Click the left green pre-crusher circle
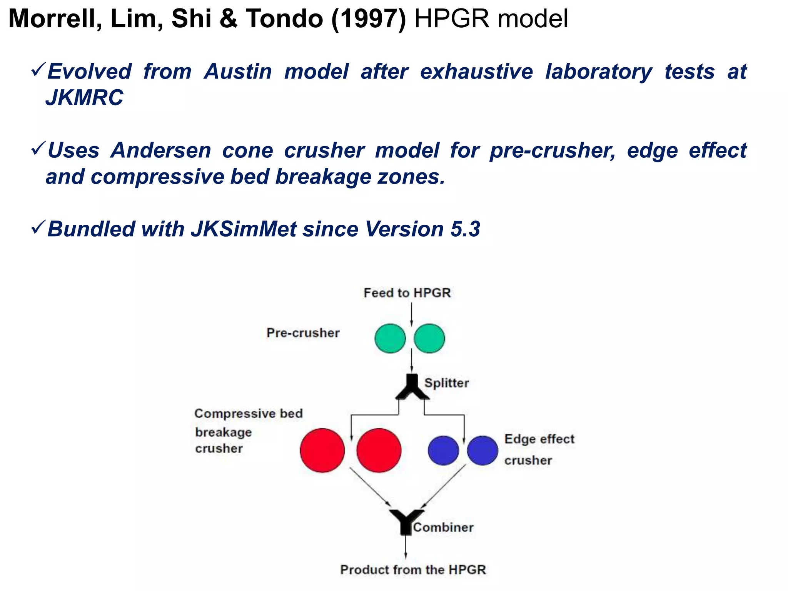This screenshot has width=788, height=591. pos(390,339)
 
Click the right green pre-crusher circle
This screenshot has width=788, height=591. pos(429,339)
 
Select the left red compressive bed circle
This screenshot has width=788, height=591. pos(322,450)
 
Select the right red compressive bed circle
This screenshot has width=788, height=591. pos(379,450)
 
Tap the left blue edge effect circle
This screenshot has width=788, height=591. pos(443,450)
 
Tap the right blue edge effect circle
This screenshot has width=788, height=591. pos(482,450)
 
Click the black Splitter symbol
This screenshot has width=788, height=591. pos(412,387)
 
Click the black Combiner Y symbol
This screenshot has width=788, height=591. pos(406,521)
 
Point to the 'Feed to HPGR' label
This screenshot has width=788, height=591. pos(407,293)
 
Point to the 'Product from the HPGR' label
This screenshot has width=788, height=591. pos(413,569)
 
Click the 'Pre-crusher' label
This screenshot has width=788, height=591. pos(303,333)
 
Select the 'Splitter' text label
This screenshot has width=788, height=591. pos(446,383)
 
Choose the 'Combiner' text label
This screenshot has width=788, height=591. pos(443,528)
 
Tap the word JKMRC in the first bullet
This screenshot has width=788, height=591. pos(85,97)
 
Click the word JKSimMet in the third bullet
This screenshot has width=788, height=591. pos(244,229)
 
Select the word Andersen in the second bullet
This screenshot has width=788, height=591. pos(161,150)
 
